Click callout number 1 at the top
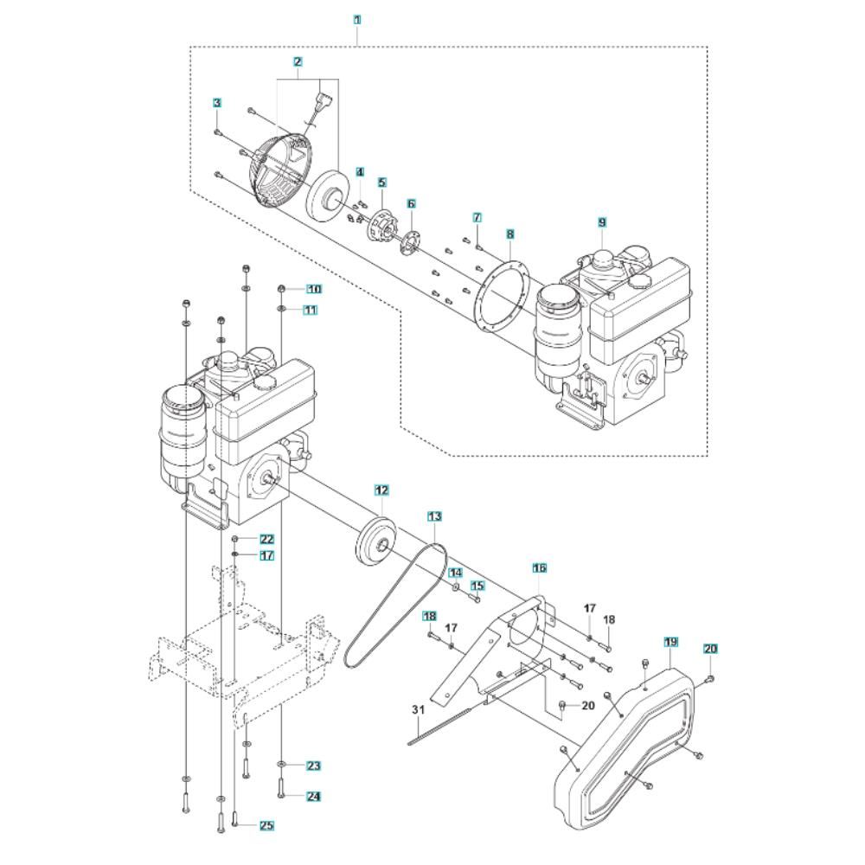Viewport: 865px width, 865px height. [x=358, y=19]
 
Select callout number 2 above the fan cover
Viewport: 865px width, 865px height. [x=298, y=62]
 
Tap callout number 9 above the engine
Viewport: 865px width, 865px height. [x=602, y=222]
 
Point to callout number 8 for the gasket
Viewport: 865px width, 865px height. [x=510, y=234]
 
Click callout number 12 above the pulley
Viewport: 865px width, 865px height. [x=381, y=490]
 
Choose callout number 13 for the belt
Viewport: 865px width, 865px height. [x=434, y=516]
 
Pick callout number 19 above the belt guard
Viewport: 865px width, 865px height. [x=670, y=642]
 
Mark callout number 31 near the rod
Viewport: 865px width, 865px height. [x=419, y=710]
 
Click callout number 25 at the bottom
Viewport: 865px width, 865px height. [x=266, y=825]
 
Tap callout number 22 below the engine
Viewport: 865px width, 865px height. [x=266, y=540]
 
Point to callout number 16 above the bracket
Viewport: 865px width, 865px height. [x=539, y=568]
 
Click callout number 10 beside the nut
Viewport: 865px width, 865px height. [x=312, y=289]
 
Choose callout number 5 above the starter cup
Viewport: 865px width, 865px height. [x=381, y=183]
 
